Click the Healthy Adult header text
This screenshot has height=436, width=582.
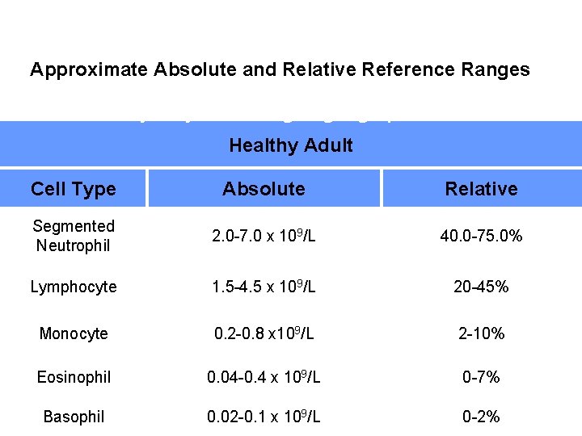(291, 145)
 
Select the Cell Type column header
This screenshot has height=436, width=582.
(74, 189)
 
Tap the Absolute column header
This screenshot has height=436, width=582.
(264, 189)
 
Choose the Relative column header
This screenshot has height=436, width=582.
(481, 189)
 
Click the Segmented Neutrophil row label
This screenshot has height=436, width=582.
(74, 236)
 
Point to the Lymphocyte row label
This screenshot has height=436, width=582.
(74, 287)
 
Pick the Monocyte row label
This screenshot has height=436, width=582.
(74, 333)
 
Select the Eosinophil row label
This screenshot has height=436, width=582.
(74, 377)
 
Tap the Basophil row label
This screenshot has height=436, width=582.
(74, 417)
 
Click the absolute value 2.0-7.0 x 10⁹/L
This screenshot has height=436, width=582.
(264, 236)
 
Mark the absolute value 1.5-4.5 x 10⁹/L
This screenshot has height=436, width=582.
(264, 287)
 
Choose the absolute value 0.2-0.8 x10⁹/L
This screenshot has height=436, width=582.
(264, 333)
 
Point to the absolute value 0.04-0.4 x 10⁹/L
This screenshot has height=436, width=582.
(264, 377)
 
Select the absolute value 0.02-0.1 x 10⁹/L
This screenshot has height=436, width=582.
(264, 417)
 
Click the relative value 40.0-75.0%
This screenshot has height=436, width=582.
(481, 236)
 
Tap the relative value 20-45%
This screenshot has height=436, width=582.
(481, 287)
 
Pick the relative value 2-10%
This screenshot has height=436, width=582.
(481, 333)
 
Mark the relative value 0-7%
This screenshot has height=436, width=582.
(481, 377)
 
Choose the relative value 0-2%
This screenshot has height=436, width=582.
(481, 417)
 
